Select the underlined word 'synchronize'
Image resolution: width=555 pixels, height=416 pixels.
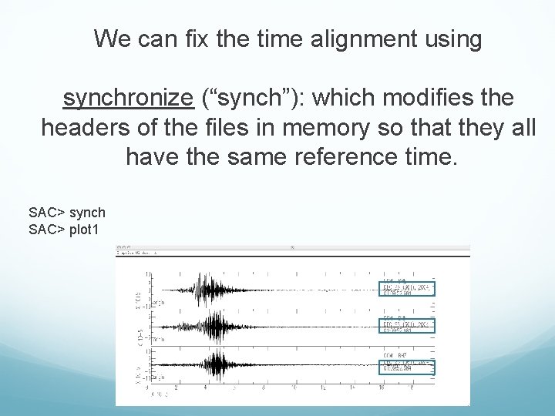(x=127, y=99)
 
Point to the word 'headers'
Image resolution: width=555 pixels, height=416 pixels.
(x=82, y=128)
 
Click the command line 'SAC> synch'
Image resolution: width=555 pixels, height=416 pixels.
(x=67, y=212)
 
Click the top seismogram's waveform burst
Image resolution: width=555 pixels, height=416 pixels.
(x=203, y=289)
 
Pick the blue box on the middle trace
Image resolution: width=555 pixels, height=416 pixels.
(x=408, y=324)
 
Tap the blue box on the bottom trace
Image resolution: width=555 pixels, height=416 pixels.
(x=408, y=365)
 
